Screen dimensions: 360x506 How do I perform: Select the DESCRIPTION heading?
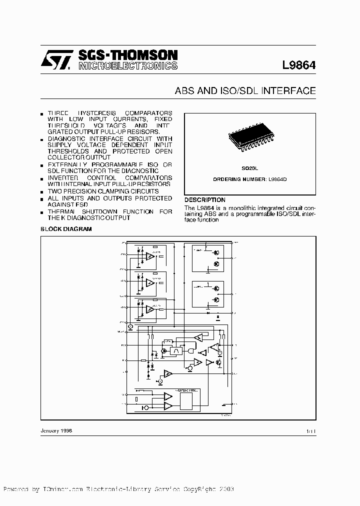point(205,200)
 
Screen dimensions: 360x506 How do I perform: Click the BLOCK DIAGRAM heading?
point(66,228)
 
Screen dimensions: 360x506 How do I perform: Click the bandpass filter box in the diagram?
point(176,351)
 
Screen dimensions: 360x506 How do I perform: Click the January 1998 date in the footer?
point(56,430)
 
